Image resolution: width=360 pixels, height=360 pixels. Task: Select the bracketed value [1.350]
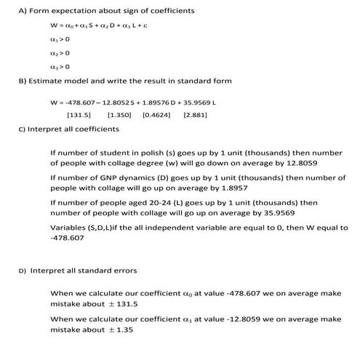coord(119,115)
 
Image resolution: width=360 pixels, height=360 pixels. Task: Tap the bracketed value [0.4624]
coord(156,115)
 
